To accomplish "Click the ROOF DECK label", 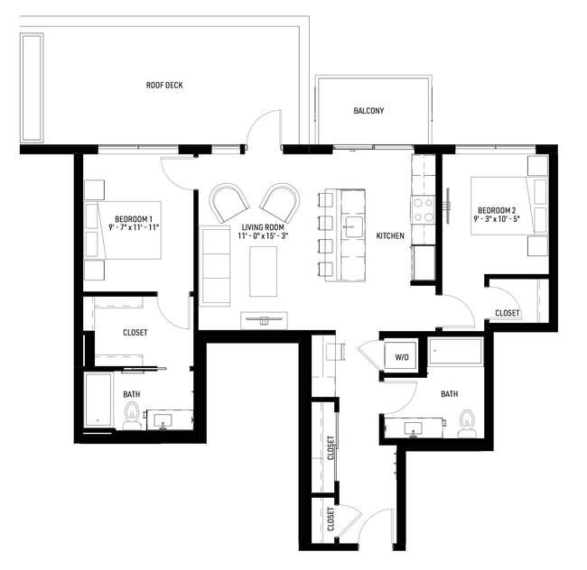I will [165, 86].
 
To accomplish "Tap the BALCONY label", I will [368, 111].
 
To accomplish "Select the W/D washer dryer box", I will [401, 357].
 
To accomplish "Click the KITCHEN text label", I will [390, 235].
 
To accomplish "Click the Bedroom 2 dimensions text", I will [501, 219].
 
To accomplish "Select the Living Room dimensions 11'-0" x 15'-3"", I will [264, 236].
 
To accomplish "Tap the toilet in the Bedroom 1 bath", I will [132, 416].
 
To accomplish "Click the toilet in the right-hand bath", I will [467, 422].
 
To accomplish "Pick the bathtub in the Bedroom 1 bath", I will [98, 400].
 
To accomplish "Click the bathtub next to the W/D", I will [455, 353].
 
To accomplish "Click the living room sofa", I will [216, 265].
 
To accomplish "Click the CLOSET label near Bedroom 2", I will [508, 313].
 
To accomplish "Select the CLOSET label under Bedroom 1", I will [135, 333].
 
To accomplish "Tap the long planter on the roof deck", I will [33, 87].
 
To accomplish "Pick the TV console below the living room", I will [266, 319].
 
